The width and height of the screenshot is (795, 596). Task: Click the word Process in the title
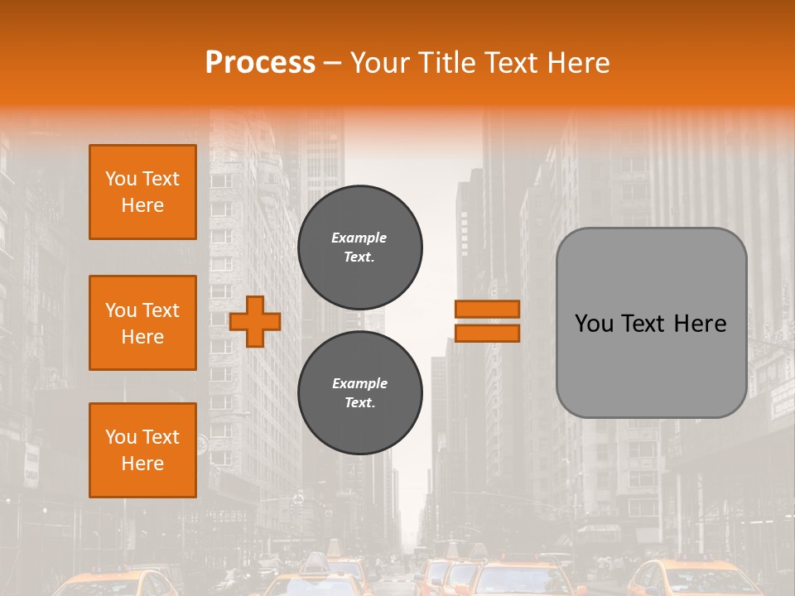[260, 63]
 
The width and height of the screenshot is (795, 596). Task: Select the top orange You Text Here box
[142, 192]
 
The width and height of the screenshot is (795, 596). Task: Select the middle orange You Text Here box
[142, 323]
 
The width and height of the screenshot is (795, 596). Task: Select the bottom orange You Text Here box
[142, 450]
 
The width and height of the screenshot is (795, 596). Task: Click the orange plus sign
[255, 320]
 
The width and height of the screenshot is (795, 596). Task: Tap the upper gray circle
[360, 247]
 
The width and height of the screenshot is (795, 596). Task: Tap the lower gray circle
[360, 392]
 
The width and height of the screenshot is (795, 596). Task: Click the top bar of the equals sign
[487, 309]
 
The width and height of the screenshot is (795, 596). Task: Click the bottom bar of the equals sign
[487, 333]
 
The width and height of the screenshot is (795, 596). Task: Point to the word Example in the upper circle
[359, 238]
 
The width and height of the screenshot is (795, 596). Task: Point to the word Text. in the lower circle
[359, 403]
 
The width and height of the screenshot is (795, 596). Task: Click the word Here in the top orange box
[142, 205]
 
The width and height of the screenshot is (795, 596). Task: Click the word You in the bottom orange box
[121, 437]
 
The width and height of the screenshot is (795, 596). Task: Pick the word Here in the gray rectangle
[702, 324]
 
